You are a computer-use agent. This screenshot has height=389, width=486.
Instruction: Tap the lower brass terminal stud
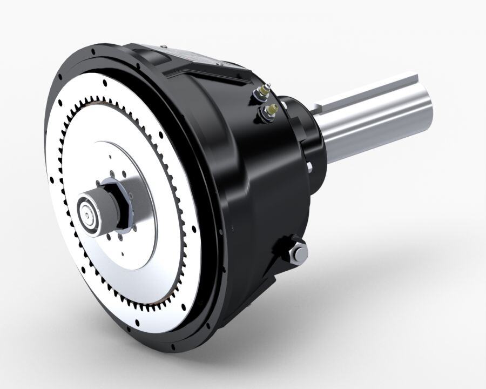[268, 111]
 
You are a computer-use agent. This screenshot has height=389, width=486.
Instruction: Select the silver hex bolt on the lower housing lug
[298, 253]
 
